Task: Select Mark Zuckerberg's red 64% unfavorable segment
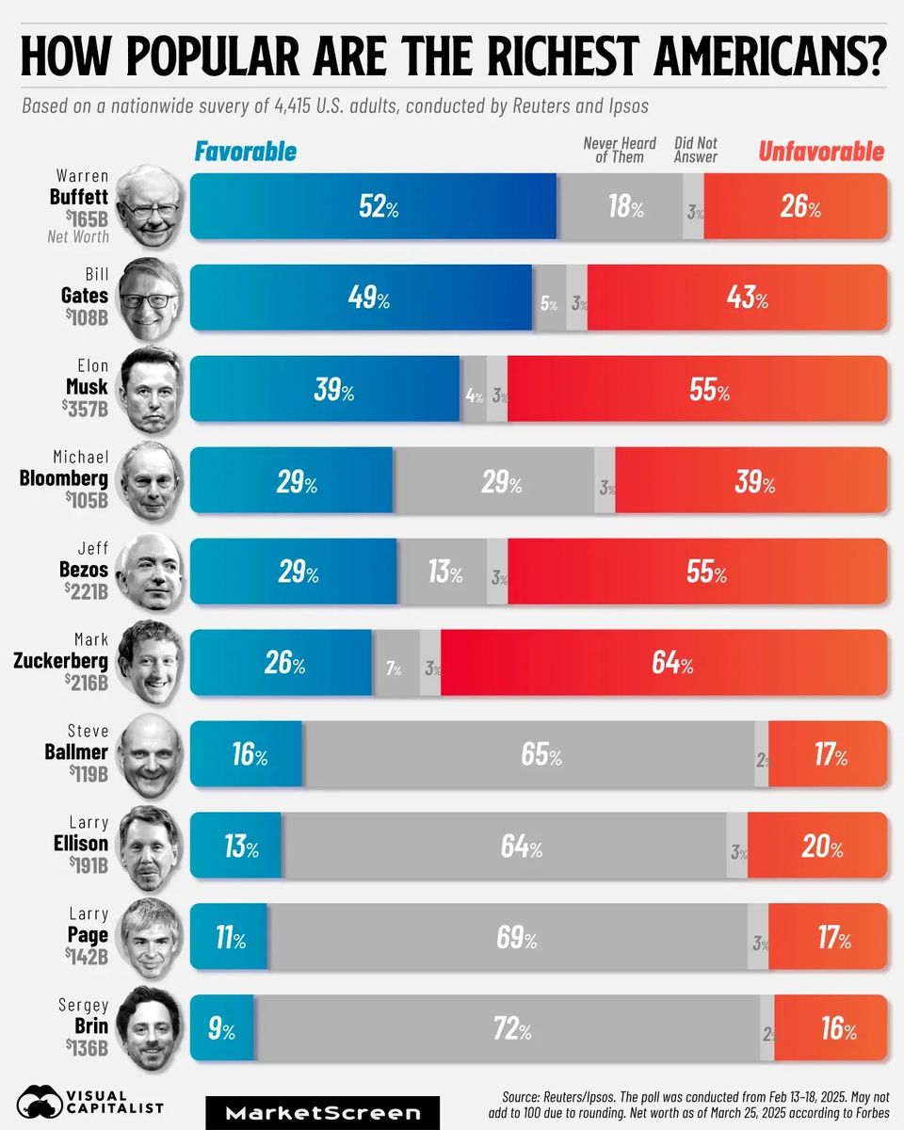pyautogui.click(x=663, y=663)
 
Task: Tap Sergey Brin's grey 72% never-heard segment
pyautogui.click(x=508, y=1028)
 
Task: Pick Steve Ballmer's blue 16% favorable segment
pyautogui.click(x=246, y=753)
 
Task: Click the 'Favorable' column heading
pyautogui.click(x=245, y=152)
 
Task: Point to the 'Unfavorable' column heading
pyautogui.click(x=821, y=152)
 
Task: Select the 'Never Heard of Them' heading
pyautogui.click(x=619, y=151)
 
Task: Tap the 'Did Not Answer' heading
pyautogui.click(x=696, y=151)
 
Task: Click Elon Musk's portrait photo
pyautogui.click(x=149, y=387)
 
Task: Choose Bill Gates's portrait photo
pyautogui.click(x=149, y=298)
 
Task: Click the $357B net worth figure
pyautogui.click(x=86, y=410)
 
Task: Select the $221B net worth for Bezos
pyautogui.click(x=86, y=591)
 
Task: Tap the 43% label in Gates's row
pyautogui.click(x=748, y=299)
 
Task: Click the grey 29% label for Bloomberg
pyautogui.click(x=501, y=482)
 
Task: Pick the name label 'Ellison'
pyautogui.click(x=80, y=844)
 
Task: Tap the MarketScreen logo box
pyautogui.click(x=322, y=1113)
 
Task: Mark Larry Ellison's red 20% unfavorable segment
pyautogui.click(x=817, y=846)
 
